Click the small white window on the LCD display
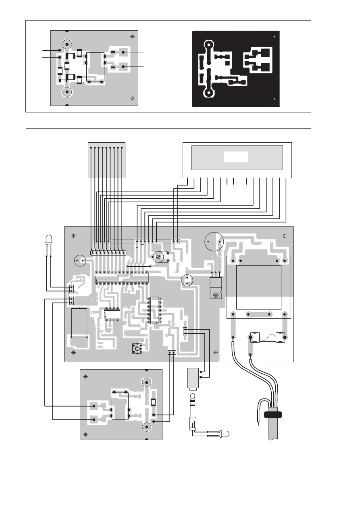pyautogui.click(x=236, y=157)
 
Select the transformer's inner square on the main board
pyautogui.click(x=258, y=287)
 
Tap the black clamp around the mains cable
pyautogui.click(x=273, y=415)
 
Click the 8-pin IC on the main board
pyautogui.click(x=112, y=314)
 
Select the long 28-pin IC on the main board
pyautogui.click(x=121, y=278)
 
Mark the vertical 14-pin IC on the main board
pyautogui.click(x=155, y=310)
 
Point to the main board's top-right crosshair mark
pyautogui.click(x=285, y=236)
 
